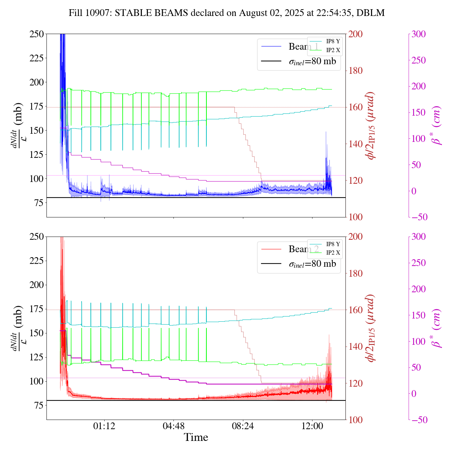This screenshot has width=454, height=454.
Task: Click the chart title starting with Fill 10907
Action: click(x=227, y=13)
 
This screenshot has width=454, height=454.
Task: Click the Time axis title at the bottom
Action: click(x=196, y=438)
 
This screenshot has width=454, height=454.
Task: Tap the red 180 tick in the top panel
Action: click(x=356, y=71)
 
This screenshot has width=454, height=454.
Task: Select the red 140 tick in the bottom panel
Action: click(x=356, y=347)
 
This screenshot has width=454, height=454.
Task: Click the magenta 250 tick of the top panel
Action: click(x=419, y=60)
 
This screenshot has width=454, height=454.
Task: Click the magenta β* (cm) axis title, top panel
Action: click(x=437, y=125)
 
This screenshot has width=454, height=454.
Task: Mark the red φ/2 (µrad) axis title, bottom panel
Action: click(x=371, y=328)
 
